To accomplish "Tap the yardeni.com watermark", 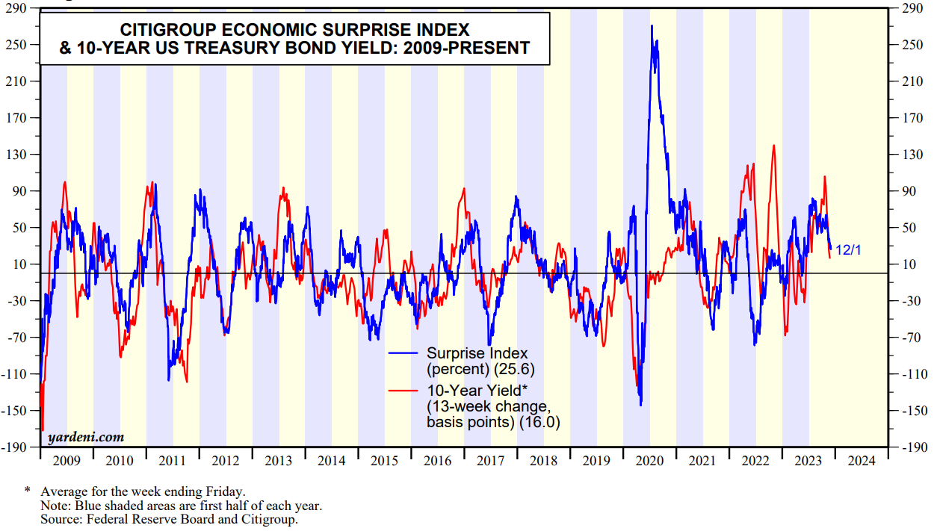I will (86, 437).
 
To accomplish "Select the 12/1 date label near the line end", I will (848, 250).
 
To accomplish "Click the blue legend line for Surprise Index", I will (404, 353).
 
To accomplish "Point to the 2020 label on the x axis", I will (650, 461).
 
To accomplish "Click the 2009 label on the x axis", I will (67, 461).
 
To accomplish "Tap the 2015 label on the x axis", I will (385, 461).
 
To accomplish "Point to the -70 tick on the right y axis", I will (908, 338).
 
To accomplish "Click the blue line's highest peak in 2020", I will (652, 26).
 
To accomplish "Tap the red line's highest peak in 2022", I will (773, 146).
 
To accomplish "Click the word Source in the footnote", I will (61, 519).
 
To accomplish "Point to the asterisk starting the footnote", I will (28, 491).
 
